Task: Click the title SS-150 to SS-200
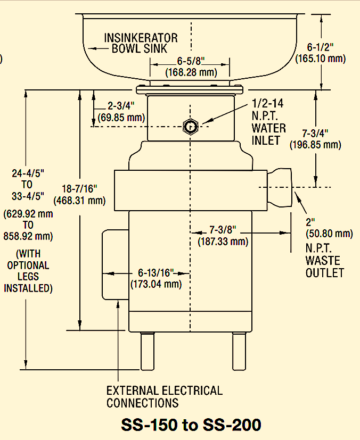pos(191,425)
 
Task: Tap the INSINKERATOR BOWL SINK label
pos(141,44)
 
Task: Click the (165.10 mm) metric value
pos(321,59)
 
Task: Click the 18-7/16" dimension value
pos(79,189)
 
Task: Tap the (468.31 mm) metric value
pos(79,201)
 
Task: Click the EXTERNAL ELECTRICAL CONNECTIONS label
pos(164,396)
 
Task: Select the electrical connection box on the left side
pos(114,264)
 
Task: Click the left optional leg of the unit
pos(146,351)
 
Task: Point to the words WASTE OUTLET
pos(324,267)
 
